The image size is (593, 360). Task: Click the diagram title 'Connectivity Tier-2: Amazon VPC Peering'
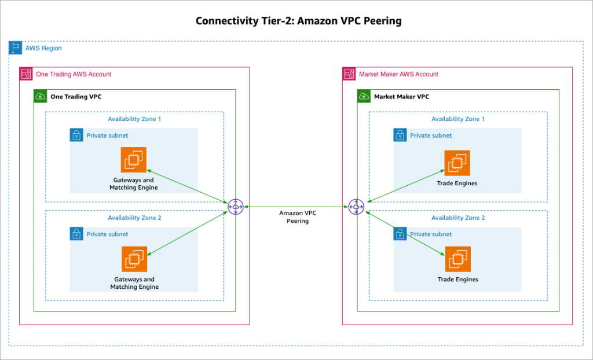[298, 21]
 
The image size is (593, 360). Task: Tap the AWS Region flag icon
[16, 48]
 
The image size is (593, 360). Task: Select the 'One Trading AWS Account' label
[74, 74]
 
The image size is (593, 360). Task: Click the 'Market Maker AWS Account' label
[398, 74]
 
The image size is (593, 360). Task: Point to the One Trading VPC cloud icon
[41, 97]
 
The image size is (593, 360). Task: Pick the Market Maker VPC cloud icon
[364, 97]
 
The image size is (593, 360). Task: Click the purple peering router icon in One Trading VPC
[236, 206]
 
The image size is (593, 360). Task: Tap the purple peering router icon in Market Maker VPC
[356, 206]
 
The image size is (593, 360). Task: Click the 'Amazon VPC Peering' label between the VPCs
[298, 217]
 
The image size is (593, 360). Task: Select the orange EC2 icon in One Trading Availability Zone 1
[134, 160]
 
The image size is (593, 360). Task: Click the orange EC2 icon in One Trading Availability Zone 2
[134, 259]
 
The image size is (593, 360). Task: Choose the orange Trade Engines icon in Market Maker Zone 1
[457, 163]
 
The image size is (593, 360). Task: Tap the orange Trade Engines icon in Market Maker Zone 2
[457, 259]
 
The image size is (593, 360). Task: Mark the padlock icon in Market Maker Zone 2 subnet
[400, 234]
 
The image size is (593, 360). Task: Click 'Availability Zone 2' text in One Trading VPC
[134, 218]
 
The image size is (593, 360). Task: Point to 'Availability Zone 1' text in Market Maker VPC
[457, 119]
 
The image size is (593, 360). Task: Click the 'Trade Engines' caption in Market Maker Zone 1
[457, 183]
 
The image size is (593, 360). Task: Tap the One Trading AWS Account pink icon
[26, 74]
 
